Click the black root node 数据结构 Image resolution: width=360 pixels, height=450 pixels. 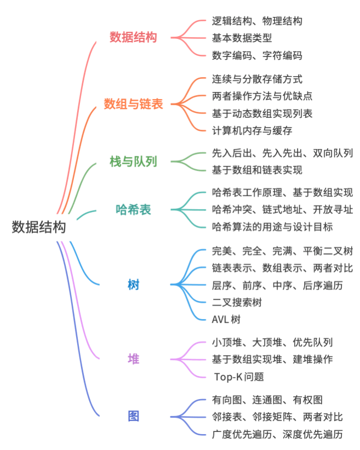point(39,227)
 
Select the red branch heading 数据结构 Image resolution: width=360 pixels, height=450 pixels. point(133,38)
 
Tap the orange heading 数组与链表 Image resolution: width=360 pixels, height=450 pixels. point(133,104)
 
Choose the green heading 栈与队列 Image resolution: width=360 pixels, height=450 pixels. point(133,162)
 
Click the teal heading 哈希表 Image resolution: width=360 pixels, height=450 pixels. point(133,210)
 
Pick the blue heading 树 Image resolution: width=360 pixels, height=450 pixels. point(133,284)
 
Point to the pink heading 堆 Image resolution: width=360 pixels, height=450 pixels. point(133,359)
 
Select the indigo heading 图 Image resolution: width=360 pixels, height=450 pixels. point(133,416)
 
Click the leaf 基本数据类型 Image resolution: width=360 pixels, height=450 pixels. point(242,38)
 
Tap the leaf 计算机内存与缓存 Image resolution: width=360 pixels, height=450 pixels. point(252,130)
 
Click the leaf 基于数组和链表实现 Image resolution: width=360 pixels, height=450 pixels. point(257,170)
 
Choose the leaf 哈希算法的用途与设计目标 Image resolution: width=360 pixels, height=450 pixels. point(272,227)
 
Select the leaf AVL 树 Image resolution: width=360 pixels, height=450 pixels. point(226,319)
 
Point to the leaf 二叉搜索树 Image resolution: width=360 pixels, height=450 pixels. point(237,302)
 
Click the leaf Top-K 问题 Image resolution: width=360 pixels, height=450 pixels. point(239,377)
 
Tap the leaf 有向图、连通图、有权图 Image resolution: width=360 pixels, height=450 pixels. point(267,400)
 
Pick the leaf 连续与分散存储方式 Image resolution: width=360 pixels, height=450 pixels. point(257,79)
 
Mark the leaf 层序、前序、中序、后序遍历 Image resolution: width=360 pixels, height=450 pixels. point(277,285)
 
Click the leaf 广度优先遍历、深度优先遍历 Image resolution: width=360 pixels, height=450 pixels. point(277,434)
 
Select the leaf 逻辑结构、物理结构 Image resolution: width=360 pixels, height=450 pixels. point(257,21)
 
